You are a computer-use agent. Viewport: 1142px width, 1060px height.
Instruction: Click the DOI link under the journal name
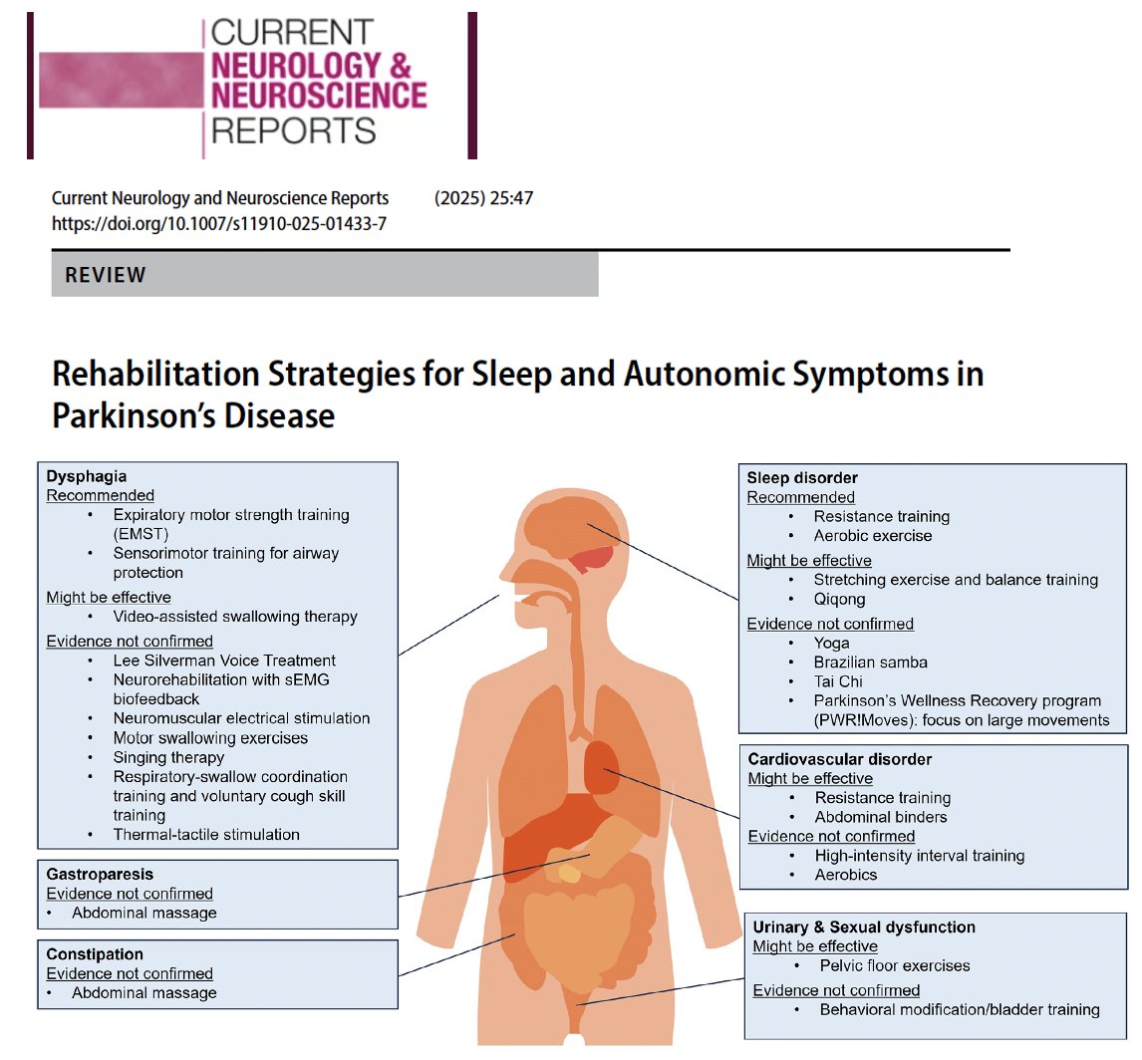click(x=219, y=224)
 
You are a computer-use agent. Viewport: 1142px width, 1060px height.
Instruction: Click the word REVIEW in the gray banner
click(x=106, y=275)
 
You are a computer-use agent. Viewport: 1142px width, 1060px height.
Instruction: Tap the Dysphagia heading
click(x=87, y=476)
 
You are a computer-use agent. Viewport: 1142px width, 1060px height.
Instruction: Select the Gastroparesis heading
click(x=100, y=875)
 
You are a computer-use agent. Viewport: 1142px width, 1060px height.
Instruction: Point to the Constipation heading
click(x=95, y=954)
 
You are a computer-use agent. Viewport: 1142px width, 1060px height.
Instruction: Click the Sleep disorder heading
click(x=802, y=478)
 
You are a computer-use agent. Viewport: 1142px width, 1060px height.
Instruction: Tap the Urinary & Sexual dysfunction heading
click(x=864, y=927)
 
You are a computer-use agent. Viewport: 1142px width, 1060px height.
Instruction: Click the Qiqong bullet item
click(x=839, y=600)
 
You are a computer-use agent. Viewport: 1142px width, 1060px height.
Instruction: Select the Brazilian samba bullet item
click(x=871, y=662)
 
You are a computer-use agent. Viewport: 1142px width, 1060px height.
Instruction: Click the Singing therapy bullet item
click(x=169, y=758)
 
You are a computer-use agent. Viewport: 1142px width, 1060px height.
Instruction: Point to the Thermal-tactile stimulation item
click(x=206, y=835)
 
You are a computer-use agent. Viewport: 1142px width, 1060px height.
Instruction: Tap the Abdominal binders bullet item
click(x=881, y=817)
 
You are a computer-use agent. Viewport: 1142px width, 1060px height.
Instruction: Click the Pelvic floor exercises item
click(x=895, y=965)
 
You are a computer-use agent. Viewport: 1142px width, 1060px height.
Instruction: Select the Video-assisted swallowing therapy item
click(x=235, y=617)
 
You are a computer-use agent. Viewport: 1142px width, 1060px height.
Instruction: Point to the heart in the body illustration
click(x=601, y=765)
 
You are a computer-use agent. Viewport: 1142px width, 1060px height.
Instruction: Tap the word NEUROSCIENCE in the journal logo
click(x=318, y=97)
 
